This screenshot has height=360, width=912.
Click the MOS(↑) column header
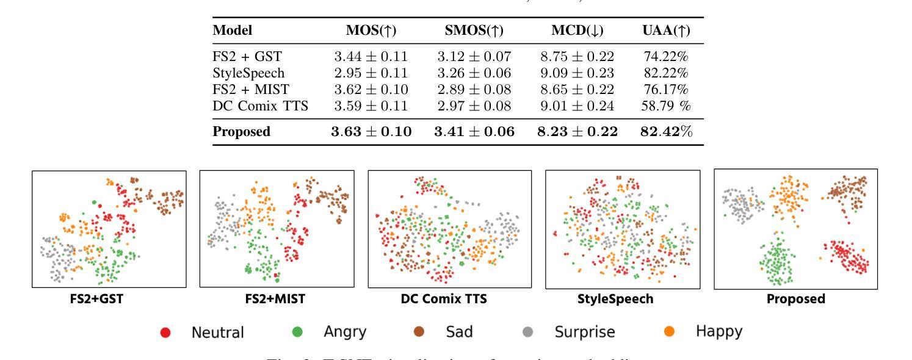[x=372, y=31]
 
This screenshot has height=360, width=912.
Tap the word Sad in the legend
[x=460, y=332]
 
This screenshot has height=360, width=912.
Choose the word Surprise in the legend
[x=584, y=332]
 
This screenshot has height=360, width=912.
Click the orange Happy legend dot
[x=667, y=332]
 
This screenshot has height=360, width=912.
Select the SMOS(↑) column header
[x=475, y=31]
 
